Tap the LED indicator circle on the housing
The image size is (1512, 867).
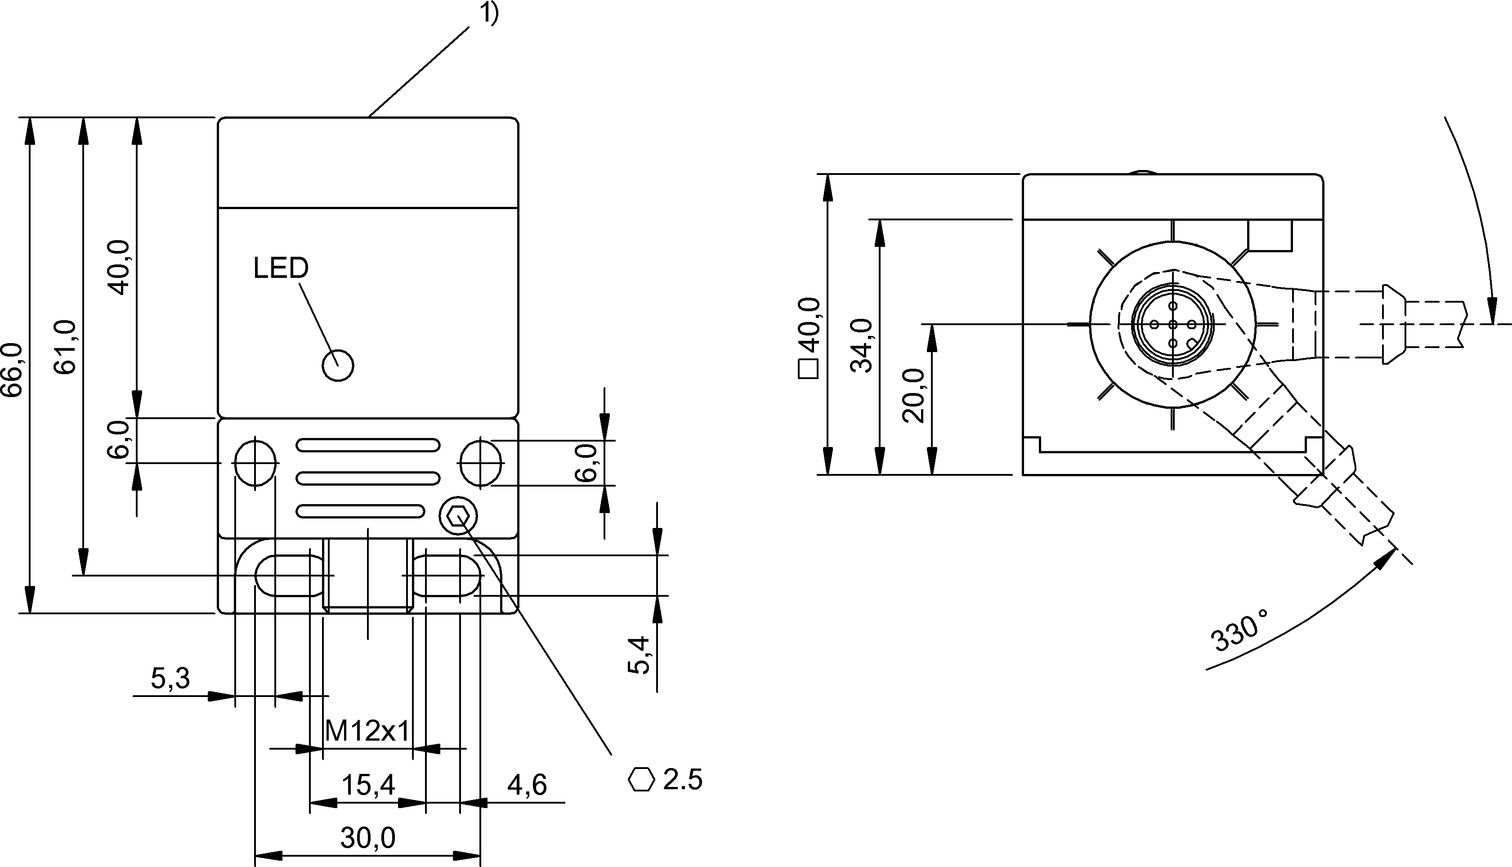[x=338, y=365]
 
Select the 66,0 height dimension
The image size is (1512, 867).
[x=12, y=369]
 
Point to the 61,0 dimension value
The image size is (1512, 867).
[x=66, y=347]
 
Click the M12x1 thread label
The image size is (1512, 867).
[x=367, y=731]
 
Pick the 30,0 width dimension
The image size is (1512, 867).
[x=367, y=838]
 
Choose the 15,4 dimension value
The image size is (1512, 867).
[x=367, y=785]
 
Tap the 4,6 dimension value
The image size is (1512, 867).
[x=527, y=785]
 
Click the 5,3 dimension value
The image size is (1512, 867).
[x=170, y=678]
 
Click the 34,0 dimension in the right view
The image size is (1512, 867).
[x=862, y=345]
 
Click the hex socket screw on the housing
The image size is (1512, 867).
[x=458, y=516]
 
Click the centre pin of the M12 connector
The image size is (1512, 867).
[x=1172, y=325]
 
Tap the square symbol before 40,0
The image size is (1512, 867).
[x=809, y=370]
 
